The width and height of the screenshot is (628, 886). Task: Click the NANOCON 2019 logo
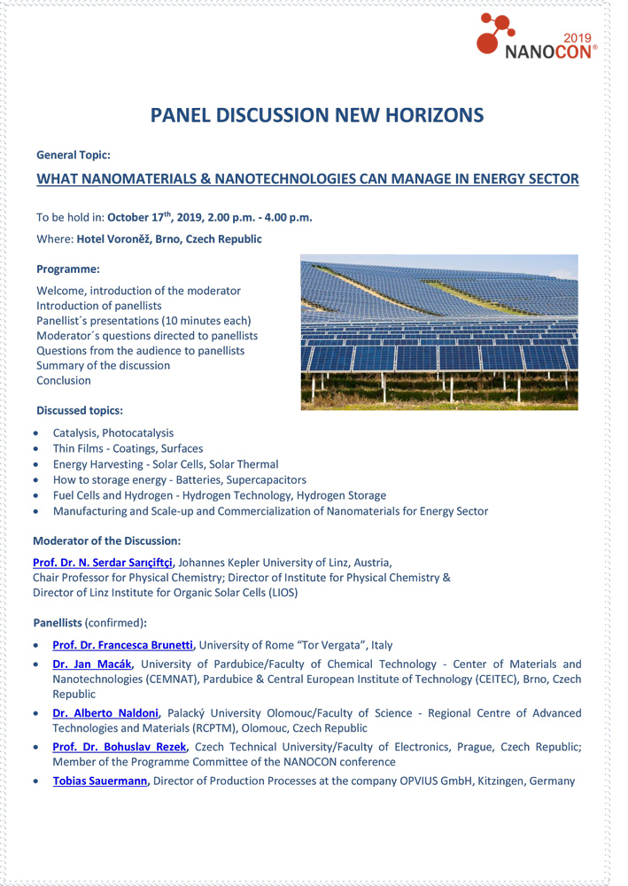[536, 37]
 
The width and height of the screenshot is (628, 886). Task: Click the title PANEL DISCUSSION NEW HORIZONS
[316, 115]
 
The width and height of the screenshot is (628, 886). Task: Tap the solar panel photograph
[438, 332]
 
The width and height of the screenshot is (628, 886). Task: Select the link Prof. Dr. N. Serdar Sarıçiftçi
[103, 562]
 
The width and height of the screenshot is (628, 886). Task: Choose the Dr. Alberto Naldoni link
[105, 713]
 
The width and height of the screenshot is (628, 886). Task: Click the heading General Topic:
[73, 154]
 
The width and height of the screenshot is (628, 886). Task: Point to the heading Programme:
[67, 268]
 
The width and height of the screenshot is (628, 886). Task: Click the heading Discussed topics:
[80, 410]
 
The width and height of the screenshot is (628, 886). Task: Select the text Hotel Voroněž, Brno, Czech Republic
[168, 239]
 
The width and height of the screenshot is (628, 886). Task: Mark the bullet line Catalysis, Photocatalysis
[113, 433]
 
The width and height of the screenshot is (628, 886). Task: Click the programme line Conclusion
[64, 381]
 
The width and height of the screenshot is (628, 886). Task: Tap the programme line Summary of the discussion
[103, 366]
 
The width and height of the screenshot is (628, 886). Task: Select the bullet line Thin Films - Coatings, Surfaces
[128, 448]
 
